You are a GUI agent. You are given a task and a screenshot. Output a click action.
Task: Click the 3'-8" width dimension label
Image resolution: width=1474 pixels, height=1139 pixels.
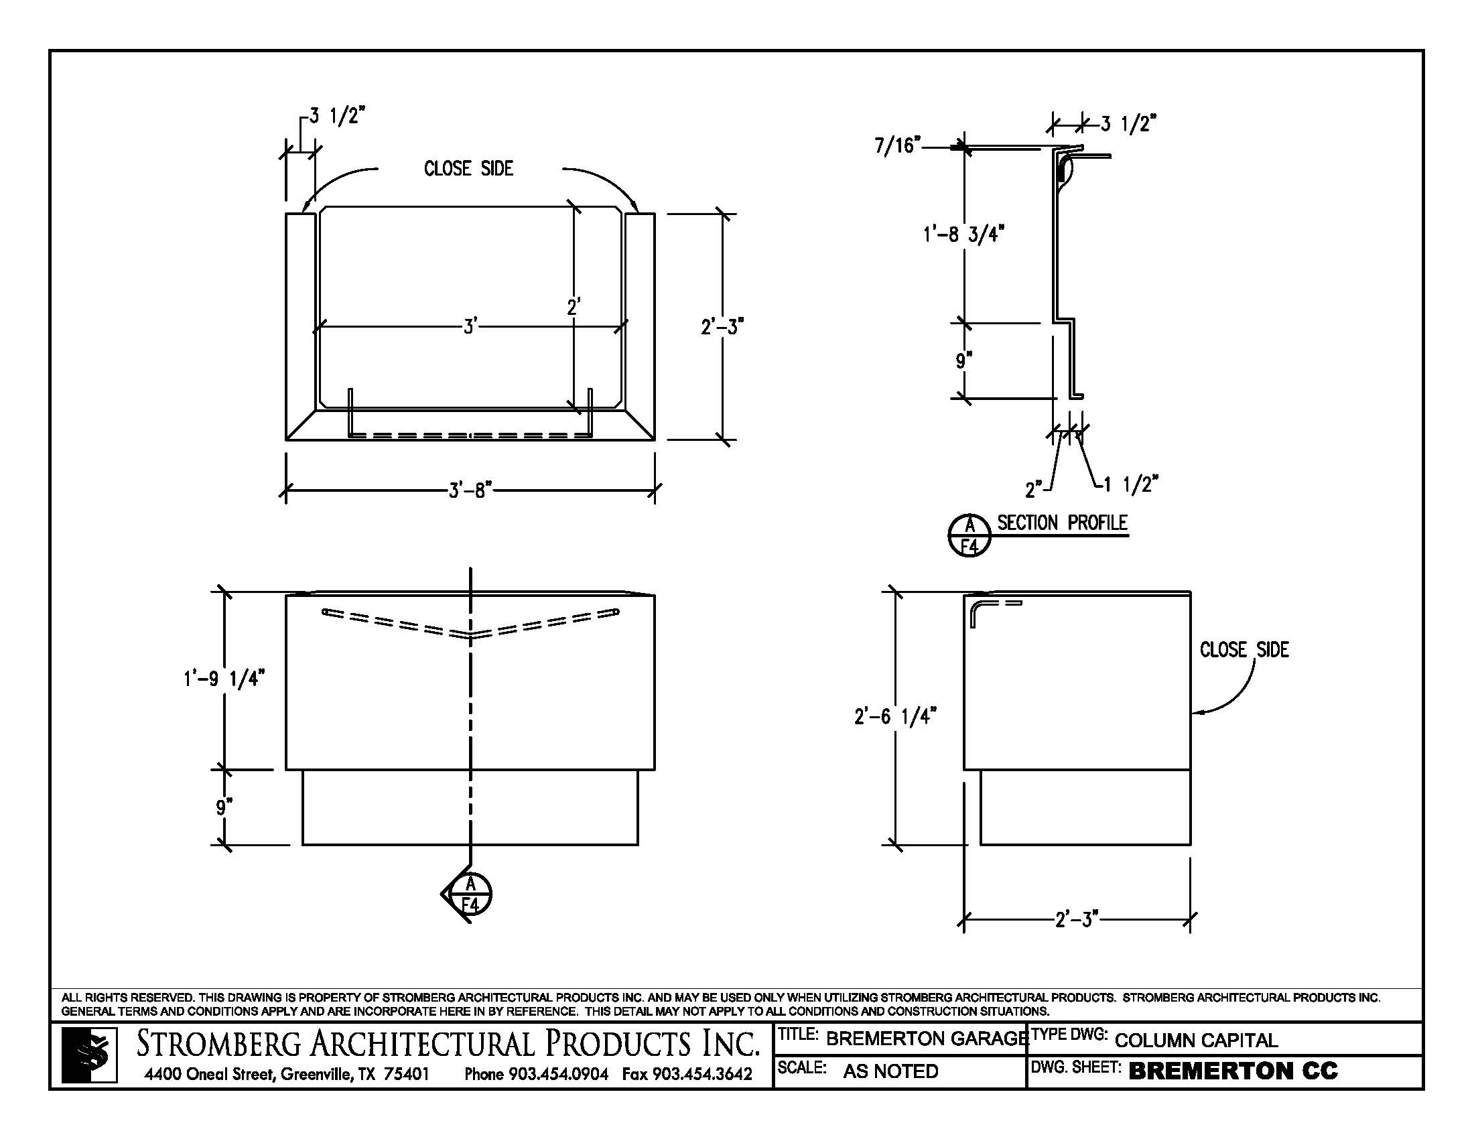point(470,490)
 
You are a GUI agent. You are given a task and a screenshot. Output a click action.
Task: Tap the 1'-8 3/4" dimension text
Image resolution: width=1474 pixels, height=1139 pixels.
point(963,234)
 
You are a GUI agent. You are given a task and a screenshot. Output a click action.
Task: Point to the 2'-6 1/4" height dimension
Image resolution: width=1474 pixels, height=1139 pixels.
point(895,716)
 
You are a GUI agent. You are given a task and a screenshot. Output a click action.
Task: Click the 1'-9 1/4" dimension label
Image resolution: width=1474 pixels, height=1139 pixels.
point(223,678)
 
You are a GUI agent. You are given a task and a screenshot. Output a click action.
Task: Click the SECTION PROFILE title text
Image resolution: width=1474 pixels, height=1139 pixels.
point(1063,523)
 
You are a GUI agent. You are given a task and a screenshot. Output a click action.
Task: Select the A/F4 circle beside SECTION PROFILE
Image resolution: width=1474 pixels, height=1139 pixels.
point(969,535)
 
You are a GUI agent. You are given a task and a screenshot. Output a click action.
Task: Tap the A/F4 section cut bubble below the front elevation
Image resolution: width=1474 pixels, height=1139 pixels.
point(470,894)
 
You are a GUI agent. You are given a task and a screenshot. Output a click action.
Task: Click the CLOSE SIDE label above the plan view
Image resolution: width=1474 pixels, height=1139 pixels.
point(468,169)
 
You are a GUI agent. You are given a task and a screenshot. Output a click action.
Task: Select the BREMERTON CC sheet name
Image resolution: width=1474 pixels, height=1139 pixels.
point(1232,1071)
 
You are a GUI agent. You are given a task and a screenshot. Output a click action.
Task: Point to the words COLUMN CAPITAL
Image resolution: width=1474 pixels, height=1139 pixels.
point(1196,1041)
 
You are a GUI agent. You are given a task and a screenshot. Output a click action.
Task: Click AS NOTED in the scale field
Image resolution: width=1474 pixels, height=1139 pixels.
point(890,1071)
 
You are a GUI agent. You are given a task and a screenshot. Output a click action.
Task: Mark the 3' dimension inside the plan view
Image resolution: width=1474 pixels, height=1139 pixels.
point(470,327)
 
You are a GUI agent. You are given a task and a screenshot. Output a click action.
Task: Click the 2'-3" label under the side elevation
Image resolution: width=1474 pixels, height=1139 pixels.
point(1077,919)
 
